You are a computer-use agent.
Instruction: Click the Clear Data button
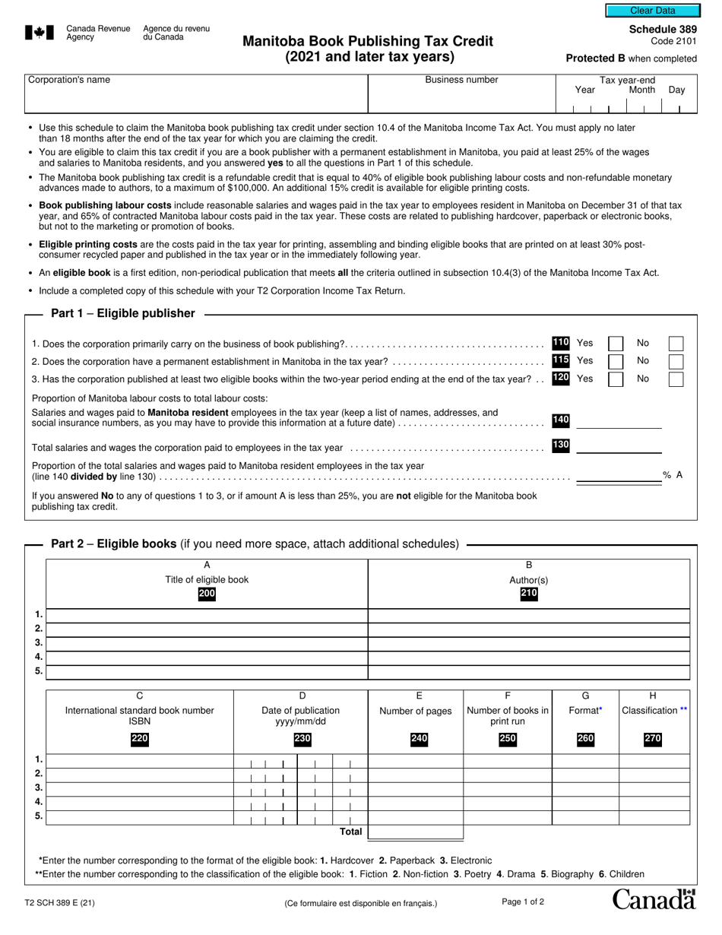click(652, 11)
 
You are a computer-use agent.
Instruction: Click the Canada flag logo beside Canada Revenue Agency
click(40, 32)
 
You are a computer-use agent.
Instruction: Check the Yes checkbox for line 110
click(616, 344)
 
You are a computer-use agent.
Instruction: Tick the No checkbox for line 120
click(675, 379)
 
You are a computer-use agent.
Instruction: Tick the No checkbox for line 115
click(675, 361)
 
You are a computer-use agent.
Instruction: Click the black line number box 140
click(561, 420)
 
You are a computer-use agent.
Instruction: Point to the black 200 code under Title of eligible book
click(207, 594)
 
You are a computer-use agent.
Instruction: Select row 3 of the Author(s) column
click(528, 643)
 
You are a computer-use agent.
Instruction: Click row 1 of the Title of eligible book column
click(207, 615)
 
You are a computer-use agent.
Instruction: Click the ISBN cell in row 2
click(140, 775)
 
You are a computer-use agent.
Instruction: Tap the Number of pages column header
click(416, 711)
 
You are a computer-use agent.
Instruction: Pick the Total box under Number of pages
click(416, 832)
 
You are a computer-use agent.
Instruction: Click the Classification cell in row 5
click(654, 817)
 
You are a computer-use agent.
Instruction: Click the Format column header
click(585, 710)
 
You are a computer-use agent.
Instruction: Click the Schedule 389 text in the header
click(663, 29)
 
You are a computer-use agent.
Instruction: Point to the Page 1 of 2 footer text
click(523, 902)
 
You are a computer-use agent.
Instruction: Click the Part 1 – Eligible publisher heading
click(122, 313)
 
